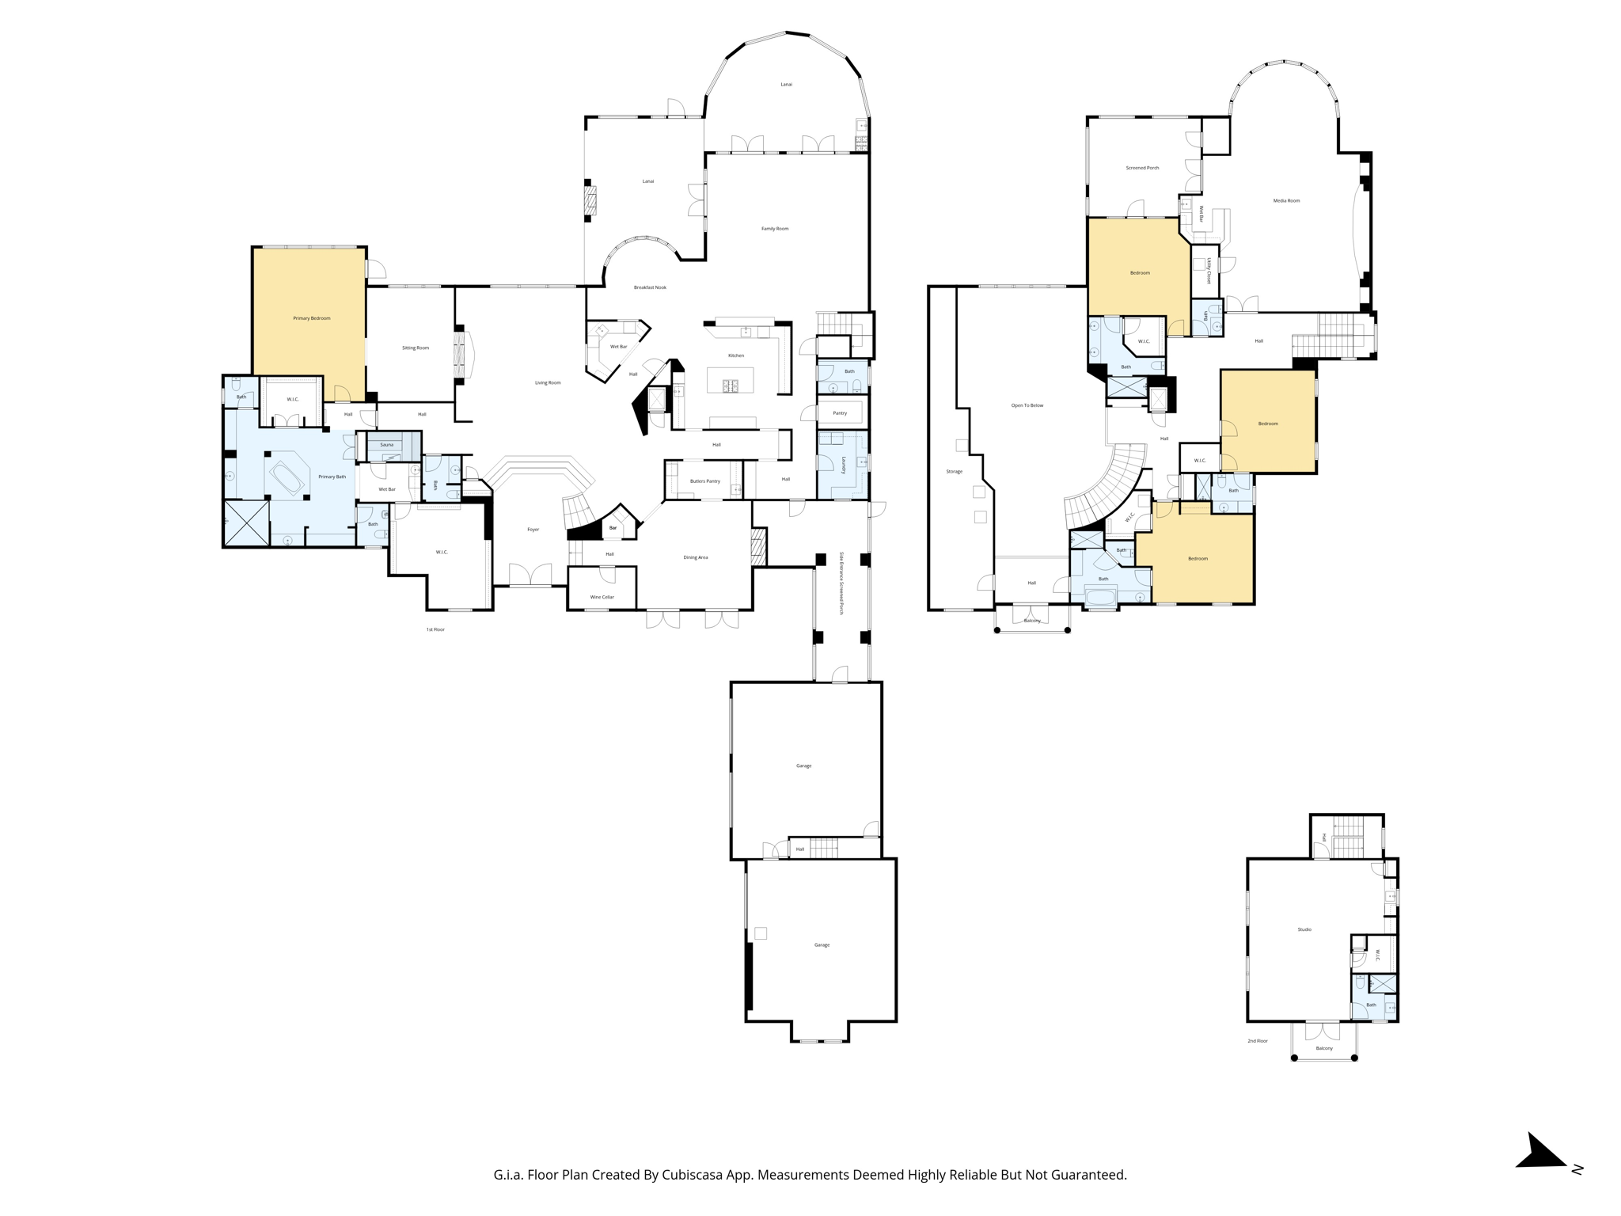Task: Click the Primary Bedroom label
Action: tap(311, 318)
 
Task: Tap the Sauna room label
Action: tap(386, 445)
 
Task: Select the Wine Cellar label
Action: tap(602, 597)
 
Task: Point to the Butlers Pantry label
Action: tap(704, 481)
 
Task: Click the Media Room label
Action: tap(1286, 201)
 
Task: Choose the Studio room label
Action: tap(1304, 929)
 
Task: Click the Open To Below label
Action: tap(1027, 405)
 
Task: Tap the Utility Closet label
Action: tap(1209, 271)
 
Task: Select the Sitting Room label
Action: tap(415, 348)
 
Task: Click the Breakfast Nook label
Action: tap(650, 287)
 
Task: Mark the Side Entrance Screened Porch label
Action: tap(841, 583)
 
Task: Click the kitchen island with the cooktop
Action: tap(730, 381)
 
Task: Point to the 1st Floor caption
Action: tap(435, 629)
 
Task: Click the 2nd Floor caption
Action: tap(1258, 1041)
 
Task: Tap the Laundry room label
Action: tap(844, 465)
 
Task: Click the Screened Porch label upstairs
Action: tap(1142, 168)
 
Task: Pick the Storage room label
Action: tap(954, 472)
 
